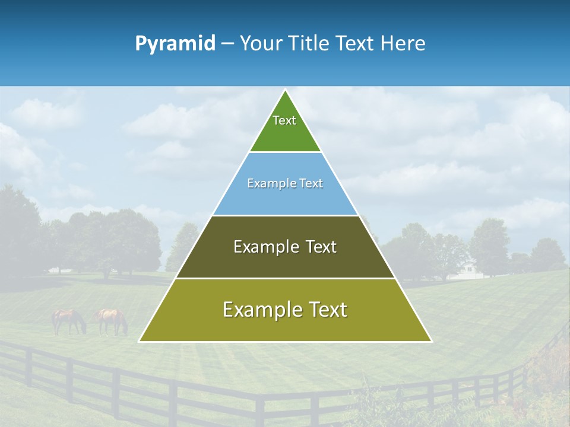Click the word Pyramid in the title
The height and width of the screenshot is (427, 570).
click(175, 44)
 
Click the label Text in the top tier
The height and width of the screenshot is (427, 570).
click(284, 120)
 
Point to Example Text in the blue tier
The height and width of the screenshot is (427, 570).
click(285, 183)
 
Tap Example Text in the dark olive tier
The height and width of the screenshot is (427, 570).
click(285, 247)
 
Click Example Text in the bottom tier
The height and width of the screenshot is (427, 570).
click(285, 310)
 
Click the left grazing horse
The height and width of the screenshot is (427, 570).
click(68, 320)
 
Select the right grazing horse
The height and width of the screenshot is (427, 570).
click(112, 320)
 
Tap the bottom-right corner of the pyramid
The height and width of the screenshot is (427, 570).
click(431, 341)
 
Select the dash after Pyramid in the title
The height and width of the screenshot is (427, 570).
click(227, 44)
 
